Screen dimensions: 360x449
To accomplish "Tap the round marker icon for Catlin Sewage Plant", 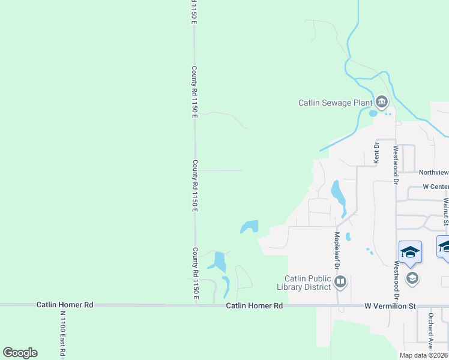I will pos(382,101).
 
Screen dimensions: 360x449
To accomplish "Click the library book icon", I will pos(341,281).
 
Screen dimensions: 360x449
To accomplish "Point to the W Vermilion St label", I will pos(390,306).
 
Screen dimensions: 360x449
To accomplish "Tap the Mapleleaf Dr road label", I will pos(337,250).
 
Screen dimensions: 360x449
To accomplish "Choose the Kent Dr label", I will pos(377,153).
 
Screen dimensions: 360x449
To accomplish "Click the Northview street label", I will pos(433,172).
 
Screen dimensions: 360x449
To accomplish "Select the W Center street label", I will pos(435,187).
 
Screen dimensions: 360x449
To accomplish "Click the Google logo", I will pos(20,353).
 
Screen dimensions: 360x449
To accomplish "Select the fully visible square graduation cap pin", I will pos(411,251).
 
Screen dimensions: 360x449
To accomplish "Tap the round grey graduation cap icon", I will pos(412,278).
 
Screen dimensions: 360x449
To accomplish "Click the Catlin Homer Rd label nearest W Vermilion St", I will pos(255,305).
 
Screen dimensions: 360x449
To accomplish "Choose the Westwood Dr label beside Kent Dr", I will pos(396,164).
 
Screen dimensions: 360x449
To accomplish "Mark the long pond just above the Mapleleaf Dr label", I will pos(338,196).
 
